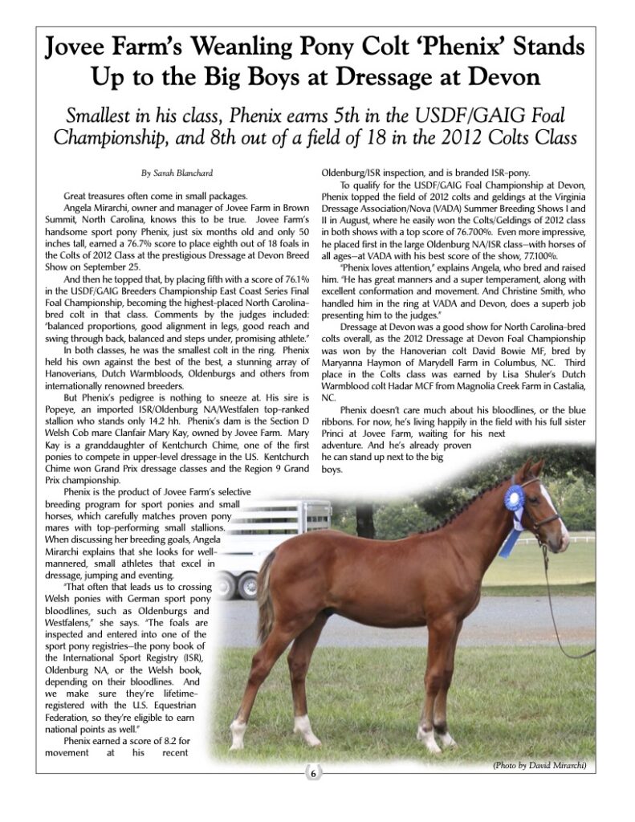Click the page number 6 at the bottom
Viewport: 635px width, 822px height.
click(314, 774)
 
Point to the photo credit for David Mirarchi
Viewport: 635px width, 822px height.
click(540, 766)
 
